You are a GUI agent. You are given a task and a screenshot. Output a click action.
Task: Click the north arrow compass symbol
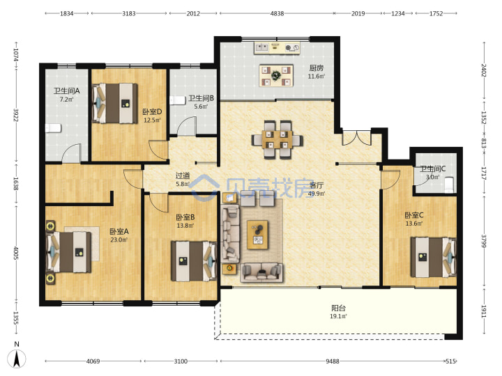pyautogui.click(x=17, y=358)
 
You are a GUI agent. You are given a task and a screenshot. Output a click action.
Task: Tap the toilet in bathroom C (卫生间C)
pyautogui.click(x=450, y=185)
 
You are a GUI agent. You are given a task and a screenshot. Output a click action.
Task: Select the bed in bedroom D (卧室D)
pyautogui.click(x=115, y=103)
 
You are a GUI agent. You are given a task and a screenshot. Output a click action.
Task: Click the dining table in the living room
pyautogui.click(x=277, y=139)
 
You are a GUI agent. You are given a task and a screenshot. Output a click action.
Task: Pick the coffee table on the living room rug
pyautogui.click(x=258, y=235)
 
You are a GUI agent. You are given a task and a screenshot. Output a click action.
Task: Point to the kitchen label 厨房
pyautogui.click(x=317, y=68)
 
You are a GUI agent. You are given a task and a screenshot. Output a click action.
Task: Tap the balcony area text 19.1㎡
pyautogui.click(x=338, y=317)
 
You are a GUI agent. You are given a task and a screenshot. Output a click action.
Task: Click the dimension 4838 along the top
pyautogui.click(x=277, y=13)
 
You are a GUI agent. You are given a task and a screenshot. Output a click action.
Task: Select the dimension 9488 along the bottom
pyautogui.click(x=333, y=361)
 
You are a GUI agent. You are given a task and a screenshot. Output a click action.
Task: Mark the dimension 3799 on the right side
pyautogui.click(x=484, y=241)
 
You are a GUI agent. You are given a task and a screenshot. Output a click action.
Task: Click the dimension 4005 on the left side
pyautogui.click(x=16, y=253)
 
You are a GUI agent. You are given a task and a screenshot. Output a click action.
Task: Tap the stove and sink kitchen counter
pyautogui.click(x=277, y=48)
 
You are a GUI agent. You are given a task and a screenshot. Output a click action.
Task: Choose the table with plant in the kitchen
pyautogui.click(x=276, y=76)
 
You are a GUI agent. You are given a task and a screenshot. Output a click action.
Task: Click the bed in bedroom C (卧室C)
pyautogui.click(x=434, y=257)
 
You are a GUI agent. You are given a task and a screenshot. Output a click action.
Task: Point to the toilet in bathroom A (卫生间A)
pyautogui.click(x=53, y=129)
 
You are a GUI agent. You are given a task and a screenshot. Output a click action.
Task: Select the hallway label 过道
pyautogui.click(x=183, y=175)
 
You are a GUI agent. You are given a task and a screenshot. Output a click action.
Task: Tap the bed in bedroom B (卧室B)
pyautogui.click(x=194, y=261)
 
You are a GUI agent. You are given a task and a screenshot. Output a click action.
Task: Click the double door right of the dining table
pyautogui.click(x=357, y=137)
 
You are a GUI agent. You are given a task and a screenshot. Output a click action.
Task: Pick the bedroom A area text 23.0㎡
pyautogui.click(x=119, y=240)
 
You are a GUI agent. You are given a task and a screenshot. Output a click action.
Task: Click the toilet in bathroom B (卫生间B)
pyautogui.click(x=178, y=100)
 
